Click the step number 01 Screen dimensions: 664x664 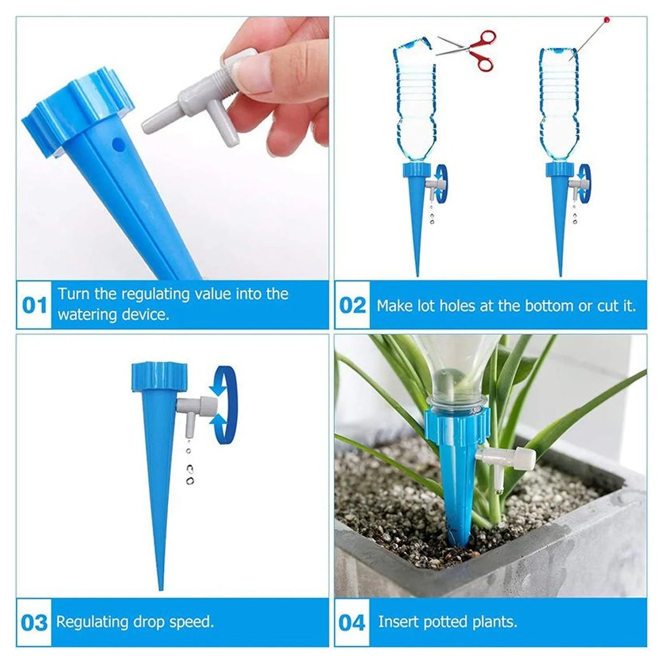tap(34, 305)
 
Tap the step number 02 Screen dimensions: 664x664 tap(352, 305)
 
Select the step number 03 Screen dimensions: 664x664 tap(34, 622)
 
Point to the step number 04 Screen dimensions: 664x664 tap(352, 622)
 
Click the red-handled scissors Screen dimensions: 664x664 tap(469, 49)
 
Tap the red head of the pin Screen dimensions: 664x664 tap(606, 20)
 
